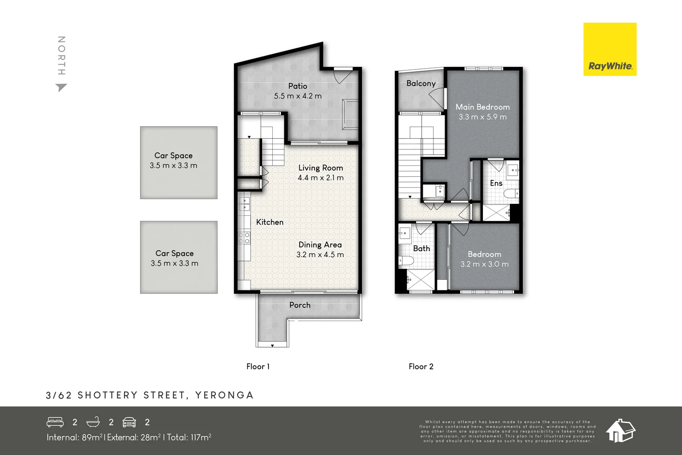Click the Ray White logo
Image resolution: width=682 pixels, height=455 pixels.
pyautogui.click(x=610, y=49)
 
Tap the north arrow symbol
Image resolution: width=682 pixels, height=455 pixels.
pyautogui.click(x=61, y=87)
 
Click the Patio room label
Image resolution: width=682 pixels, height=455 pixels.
pyautogui.click(x=298, y=86)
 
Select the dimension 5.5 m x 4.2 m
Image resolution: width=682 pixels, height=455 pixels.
pyautogui.click(x=298, y=96)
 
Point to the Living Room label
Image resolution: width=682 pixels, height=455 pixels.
pyautogui.click(x=321, y=168)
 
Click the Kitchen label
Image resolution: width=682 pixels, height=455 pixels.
pyautogui.click(x=269, y=222)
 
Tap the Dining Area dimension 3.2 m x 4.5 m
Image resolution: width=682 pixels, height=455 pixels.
pyautogui.click(x=320, y=255)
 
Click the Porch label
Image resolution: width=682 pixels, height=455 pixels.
pyautogui.click(x=300, y=305)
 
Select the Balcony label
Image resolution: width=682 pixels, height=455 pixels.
pyautogui.click(x=421, y=84)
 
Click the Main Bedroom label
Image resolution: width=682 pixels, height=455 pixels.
pyautogui.click(x=483, y=107)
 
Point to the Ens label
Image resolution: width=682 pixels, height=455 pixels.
pyautogui.click(x=496, y=183)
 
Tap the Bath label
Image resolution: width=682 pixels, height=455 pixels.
pyautogui.click(x=421, y=249)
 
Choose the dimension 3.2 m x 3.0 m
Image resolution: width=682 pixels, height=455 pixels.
pyautogui.click(x=484, y=264)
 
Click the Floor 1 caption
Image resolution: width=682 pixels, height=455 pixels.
pyautogui.click(x=258, y=367)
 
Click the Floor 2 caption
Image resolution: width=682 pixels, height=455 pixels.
pyautogui.click(x=421, y=367)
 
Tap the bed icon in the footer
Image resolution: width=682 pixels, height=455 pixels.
pyautogui.click(x=55, y=422)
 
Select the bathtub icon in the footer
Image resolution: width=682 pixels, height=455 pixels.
pyautogui.click(x=93, y=422)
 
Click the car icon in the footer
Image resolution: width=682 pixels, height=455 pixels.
pyautogui.click(x=129, y=422)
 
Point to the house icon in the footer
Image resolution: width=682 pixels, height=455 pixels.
pyautogui.click(x=620, y=431)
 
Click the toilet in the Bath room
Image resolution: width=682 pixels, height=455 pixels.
pyautogui.click(x=406, y=261)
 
